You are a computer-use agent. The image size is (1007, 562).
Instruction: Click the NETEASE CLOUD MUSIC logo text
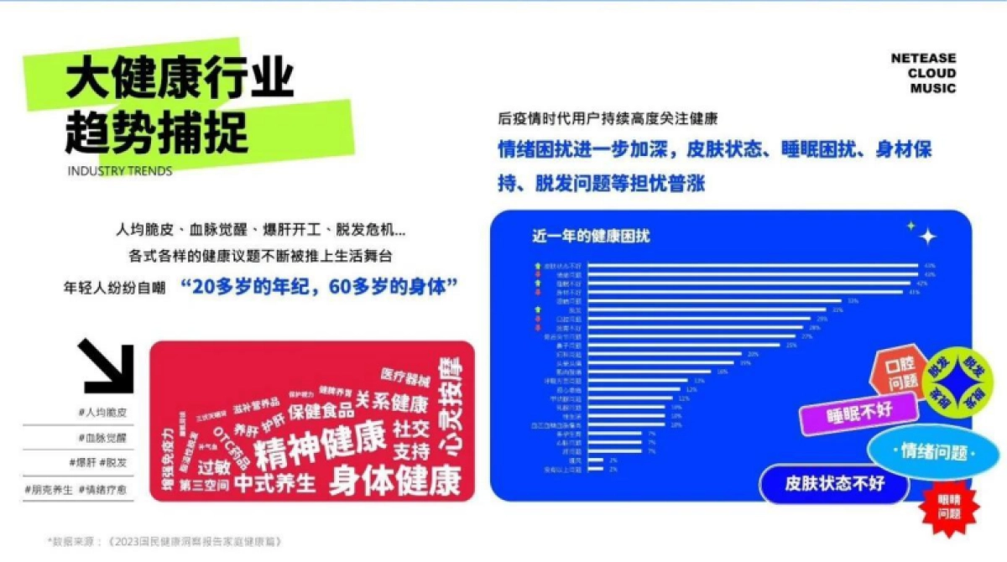click(923, 73)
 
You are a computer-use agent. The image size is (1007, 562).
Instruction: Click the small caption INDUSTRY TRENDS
click(118, 171)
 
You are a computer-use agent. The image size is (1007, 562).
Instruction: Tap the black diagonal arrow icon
click(108, 367)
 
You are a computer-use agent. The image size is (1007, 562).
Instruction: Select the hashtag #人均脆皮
click(102, 413)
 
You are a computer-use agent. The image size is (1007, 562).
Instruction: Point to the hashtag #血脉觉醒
click(102, 438)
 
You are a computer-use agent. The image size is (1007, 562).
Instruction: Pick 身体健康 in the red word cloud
click(394, 481)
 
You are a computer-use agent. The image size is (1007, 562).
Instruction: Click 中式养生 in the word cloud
click(274, 483)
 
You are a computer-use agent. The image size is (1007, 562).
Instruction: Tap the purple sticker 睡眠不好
click(847, 412)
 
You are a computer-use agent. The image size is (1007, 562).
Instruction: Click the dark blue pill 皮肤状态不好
click(834, 484)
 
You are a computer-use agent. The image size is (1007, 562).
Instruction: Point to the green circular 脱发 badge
click(957, 382)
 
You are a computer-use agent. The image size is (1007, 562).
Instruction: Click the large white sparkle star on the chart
click(927, 237)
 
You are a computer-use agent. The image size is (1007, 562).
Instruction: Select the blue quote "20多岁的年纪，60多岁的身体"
click(319, 286)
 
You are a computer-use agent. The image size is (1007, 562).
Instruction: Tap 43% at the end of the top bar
click(929, 266)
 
